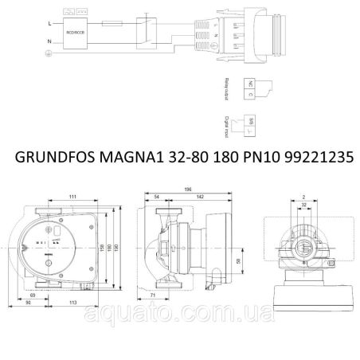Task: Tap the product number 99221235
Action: [311, 158]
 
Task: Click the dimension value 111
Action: [72, 196]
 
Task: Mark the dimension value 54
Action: [156, 197]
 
